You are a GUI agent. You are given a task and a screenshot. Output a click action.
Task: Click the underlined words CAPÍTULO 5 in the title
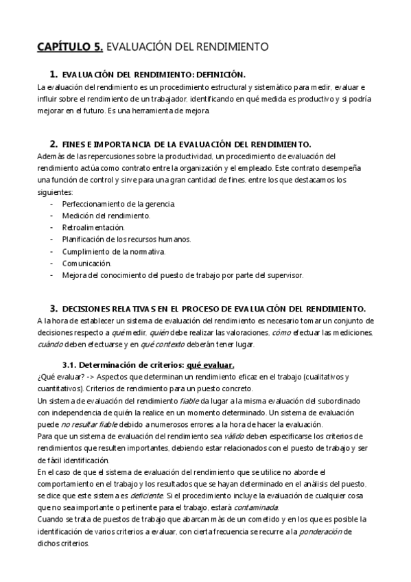(69, 47)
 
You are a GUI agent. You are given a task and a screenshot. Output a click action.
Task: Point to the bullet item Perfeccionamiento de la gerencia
(118, 204)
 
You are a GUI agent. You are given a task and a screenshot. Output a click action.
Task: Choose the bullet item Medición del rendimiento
(106, 216)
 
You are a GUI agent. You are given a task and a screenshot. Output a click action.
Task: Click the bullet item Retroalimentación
(93, 227)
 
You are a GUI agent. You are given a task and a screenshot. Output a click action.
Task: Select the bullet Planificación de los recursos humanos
(126, 239)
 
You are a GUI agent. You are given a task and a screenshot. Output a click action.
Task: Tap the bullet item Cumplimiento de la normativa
(113, 251)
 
